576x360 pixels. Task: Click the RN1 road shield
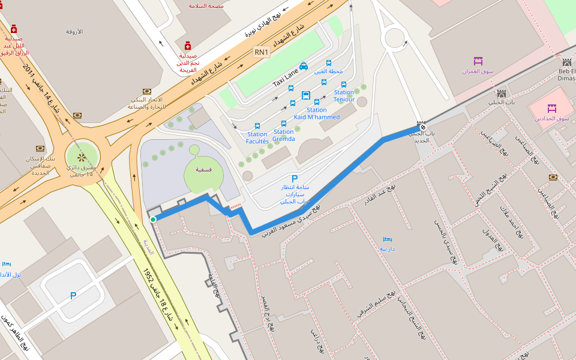[x=262, y=52]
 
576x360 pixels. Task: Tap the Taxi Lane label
[x=285, y=77]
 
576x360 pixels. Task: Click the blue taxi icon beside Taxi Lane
[x=304, y=66]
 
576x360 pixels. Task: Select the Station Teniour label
[x=344, y=96]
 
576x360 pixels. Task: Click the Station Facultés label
[x=257, y=138]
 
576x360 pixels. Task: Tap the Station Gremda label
[x=284, y=135]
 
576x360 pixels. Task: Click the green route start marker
[x=153, y=220]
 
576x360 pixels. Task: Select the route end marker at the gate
[x=422, y=127]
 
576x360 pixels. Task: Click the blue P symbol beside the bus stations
[x=294, y=178]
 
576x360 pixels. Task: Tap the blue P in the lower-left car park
[x=73, y=295]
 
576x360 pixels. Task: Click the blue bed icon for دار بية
[x=387, y=239]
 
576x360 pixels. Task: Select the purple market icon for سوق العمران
[x=478, y=61]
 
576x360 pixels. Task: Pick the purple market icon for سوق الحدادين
[x=552, y=109]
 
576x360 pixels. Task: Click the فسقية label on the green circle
[x=203, y=170]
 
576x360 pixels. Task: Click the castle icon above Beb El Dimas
[x=566, y=62]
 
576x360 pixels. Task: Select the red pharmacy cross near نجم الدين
[x=188, y=46]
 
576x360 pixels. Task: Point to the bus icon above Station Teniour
[x=344, y=85]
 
